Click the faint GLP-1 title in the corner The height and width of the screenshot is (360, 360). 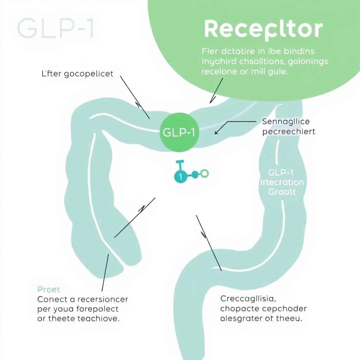(56, 28)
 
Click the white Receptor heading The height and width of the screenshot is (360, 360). (263, 30)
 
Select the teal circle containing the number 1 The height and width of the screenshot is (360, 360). (181, 176)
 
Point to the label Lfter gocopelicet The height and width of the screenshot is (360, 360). (77, 74)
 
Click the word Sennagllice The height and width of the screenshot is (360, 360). (286, 122)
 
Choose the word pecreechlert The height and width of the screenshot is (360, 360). (289, 132)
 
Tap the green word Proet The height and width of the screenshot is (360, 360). (49, 289)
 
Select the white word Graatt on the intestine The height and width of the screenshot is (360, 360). (282, 192)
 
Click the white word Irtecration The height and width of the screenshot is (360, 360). (282, 182)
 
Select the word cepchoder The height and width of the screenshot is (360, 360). (285, 309)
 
